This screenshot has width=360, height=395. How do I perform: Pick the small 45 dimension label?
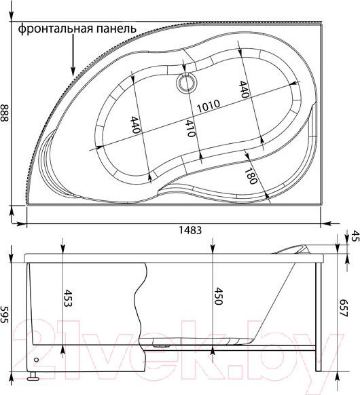tap(353, 236)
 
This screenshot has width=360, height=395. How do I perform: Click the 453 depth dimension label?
tap(68, 299)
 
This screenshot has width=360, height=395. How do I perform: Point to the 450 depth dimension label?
tap(217, 297)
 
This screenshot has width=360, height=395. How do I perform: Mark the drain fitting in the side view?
tap(163, 343)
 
